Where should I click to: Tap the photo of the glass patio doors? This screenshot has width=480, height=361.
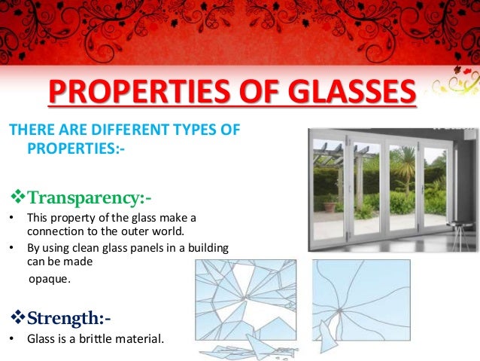(392, 188)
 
